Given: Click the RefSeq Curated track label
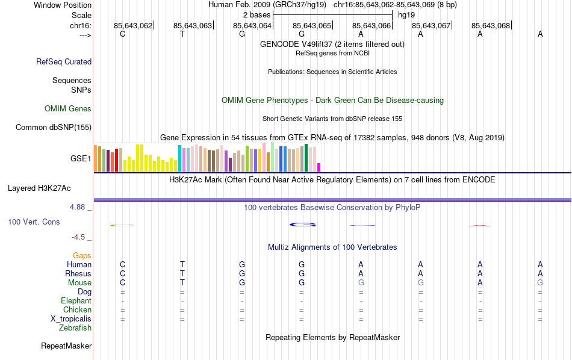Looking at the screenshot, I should point(64,61).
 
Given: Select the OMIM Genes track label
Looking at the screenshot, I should point(68,109).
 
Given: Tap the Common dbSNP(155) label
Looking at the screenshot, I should point(54,127).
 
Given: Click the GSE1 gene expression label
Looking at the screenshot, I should point(81,159).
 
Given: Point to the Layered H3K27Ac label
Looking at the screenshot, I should point(49,188).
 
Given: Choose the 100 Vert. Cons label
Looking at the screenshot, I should point(34,222).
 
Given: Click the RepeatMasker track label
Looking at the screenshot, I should point(66,346).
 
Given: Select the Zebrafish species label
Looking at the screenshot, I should point(75,328).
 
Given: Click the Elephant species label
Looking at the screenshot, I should point(76,301).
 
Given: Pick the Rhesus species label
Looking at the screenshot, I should point(78,274).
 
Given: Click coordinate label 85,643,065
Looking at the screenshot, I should point(312,25).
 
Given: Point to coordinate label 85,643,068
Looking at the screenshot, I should point(491,25).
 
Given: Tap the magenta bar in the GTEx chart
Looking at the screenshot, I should point(319,167).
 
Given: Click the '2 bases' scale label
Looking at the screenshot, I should point(257,14).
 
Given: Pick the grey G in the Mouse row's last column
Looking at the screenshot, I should point(540,283).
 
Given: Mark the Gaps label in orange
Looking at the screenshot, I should point(82,256).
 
